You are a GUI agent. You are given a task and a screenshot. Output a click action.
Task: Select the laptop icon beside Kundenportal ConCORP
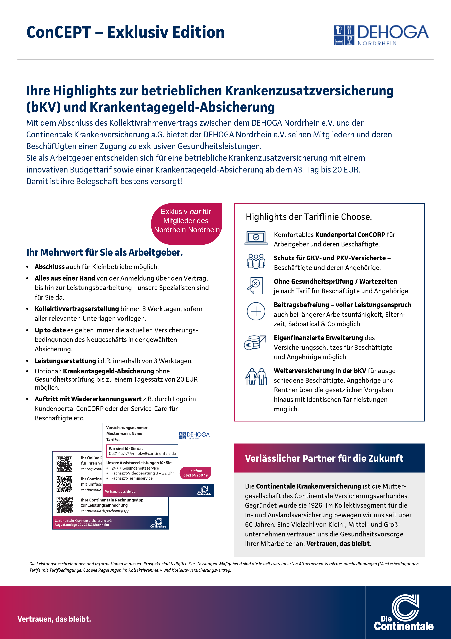coord(256,238)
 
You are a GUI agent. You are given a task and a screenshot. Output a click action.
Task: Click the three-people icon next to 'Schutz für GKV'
coord(256,261)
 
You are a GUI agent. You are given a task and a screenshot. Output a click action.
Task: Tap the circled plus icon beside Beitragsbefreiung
coord(256,311)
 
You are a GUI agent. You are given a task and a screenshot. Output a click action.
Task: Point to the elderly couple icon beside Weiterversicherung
coord(256,376)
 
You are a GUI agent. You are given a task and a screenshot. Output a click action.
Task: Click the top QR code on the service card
coord(65,464)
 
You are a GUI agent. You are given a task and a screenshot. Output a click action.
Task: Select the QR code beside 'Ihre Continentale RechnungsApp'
coord(65,505)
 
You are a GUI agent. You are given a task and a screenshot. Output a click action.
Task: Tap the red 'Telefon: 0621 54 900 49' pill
coord(195,473)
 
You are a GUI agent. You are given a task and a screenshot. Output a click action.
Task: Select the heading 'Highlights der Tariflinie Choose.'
coord(308,217)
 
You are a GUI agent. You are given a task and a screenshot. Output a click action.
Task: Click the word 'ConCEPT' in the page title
coord(59,32)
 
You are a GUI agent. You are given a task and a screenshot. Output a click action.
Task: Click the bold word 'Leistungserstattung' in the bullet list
coord(65,361)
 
